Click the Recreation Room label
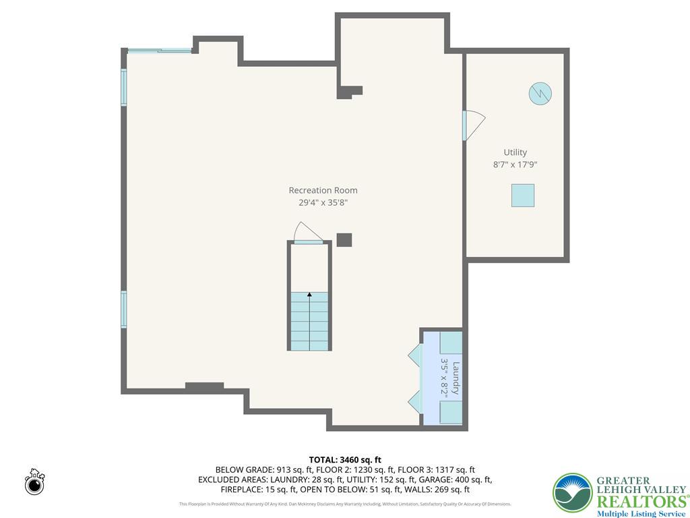323,190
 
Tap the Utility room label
515,152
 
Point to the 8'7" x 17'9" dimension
515,165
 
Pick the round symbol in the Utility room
540,93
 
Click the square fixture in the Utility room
522,196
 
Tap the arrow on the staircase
309,295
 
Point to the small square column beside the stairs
344,240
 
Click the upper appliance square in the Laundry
451,343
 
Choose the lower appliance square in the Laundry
451,411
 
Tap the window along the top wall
159,50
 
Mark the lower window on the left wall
124,309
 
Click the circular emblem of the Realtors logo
572,492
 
